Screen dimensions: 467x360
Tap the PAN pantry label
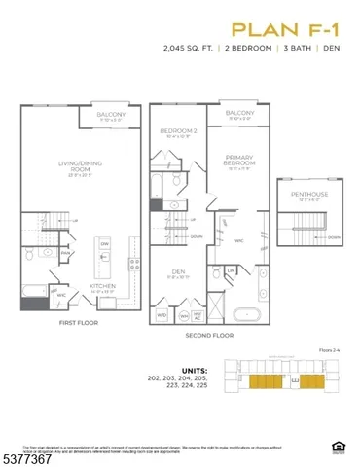65,255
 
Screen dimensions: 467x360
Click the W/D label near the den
162,315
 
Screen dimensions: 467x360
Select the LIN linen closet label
232,269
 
